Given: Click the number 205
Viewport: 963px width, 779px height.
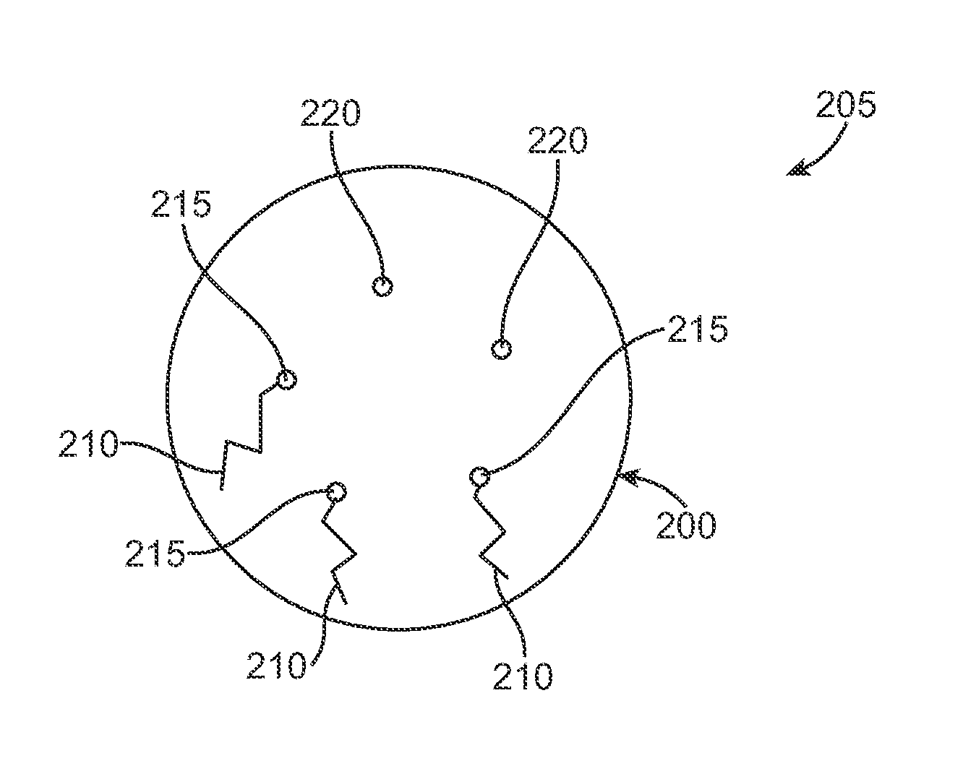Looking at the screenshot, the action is click(846, 106).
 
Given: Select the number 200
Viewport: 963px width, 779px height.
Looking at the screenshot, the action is click(685, 525).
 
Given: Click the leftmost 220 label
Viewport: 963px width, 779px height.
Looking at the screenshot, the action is click(330, 114).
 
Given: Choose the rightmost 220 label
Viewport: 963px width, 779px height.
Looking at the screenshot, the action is click(557, 142).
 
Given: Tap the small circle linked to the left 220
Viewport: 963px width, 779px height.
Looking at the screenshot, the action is click(382, 286).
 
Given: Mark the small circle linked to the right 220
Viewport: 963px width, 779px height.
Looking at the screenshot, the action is click(500, 350).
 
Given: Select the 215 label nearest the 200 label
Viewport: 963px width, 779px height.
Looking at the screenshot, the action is click(697, 330).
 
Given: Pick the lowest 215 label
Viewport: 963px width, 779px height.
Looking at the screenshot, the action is click(155, 555).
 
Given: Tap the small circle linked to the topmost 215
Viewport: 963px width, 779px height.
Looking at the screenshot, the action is click(286, 379).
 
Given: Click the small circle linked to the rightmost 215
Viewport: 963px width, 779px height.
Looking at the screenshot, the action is click(479, 476).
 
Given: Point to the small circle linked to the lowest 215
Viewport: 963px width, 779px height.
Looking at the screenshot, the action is click(334, 493).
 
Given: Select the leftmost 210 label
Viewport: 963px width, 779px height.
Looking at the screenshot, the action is click(89, 444).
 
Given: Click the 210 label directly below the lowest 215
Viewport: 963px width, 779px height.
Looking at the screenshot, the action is click(277, 666).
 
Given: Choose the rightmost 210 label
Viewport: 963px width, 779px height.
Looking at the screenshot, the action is click(523, 676).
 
